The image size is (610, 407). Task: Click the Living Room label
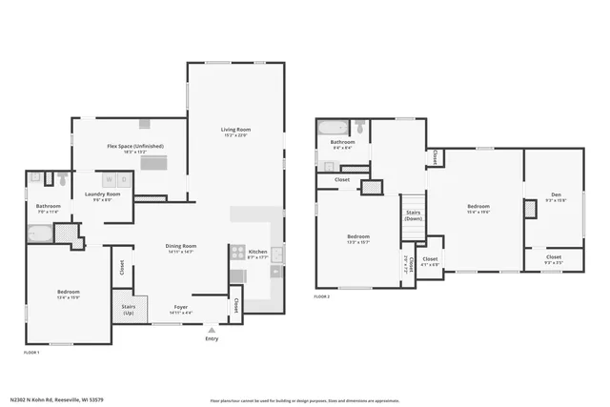pyautogui.click(x=235, y=132)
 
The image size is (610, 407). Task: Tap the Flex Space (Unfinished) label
pyautogui.click(x=135, y=147)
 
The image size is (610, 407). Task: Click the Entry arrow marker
pyautogui.click(x=212, y=330)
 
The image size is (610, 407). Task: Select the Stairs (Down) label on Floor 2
pyautogui.click(x=413, y=215)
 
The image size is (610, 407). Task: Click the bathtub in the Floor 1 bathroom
pyautogui.click(x=40, y=232)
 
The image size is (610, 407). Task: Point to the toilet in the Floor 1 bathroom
pyautogui.click(x=61, y=178)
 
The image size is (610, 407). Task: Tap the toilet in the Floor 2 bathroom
pyautogui.click(x=359, y=126)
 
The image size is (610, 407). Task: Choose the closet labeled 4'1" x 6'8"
pyautogui.click(x=430, y=260)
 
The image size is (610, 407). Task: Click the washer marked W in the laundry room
pyautogui.click(x=110, y=179)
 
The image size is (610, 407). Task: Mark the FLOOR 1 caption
pyautogui.click(x=32, y=353)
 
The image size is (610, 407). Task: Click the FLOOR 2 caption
pyautogui.click(x=322, y=296)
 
